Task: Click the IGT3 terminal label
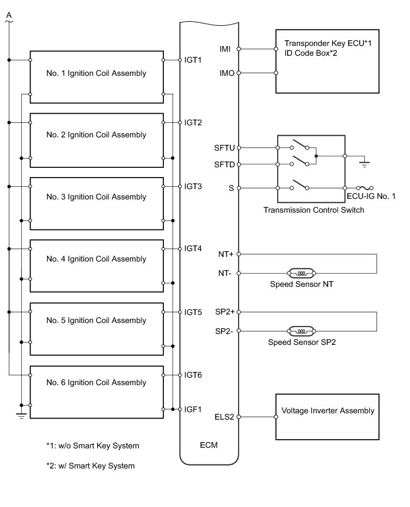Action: pos(193,187)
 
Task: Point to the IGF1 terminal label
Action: pos(193,409)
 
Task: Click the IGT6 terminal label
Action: pos(193,375)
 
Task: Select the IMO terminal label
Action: pos(227,73)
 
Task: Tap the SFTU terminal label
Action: pos(224,148)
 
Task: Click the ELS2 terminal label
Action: pos(224,417)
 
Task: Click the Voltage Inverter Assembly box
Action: pos(328,416)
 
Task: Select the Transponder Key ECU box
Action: pos(327,61)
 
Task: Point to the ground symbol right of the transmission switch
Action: pos(364,164)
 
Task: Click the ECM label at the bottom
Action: pos(209,445)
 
